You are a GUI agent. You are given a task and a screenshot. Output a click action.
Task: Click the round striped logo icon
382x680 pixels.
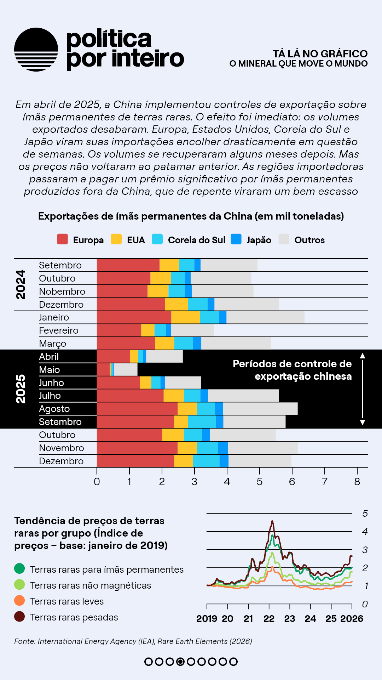[36, 50]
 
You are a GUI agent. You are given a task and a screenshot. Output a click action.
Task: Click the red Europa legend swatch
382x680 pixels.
[63, 239]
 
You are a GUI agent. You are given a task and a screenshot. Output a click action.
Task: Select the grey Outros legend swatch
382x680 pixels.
[284, 239]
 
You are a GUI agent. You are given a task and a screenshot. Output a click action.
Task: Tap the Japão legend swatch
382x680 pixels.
[236, 239]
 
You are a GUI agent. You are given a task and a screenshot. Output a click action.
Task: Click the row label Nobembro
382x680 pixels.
[62, 291]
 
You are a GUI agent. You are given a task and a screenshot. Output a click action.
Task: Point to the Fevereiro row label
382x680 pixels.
[59, 330]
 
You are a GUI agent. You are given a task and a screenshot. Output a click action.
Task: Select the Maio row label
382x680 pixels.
[50, 370]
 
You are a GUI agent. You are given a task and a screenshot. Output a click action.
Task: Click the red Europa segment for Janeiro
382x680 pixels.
[134, 317]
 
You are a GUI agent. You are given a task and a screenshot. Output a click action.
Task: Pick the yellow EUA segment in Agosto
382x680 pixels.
[187, 409]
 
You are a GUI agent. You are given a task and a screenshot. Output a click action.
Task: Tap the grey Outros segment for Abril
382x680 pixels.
[164, 357]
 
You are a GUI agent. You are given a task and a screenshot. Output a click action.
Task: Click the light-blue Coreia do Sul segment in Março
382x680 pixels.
[184, 344]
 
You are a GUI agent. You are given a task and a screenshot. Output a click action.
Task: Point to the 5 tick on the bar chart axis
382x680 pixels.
[260, 482]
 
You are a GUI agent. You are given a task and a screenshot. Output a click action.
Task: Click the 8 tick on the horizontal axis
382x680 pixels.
[357, 482]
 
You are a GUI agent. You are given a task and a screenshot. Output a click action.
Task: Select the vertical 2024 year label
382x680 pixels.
[21, 284]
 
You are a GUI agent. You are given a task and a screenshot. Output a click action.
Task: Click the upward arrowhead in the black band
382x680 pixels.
[363, 356]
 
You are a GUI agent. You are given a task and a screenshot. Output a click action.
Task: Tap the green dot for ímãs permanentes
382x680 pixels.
[19, 569]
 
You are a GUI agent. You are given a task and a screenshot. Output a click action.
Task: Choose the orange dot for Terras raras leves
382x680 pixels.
[19, 601]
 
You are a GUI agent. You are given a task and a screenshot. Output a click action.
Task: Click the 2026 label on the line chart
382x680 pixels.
[352, 619]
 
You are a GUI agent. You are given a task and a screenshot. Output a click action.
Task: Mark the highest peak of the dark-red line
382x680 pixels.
[272, 521]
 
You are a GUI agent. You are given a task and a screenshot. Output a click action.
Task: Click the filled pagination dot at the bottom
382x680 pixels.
[180, 662]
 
